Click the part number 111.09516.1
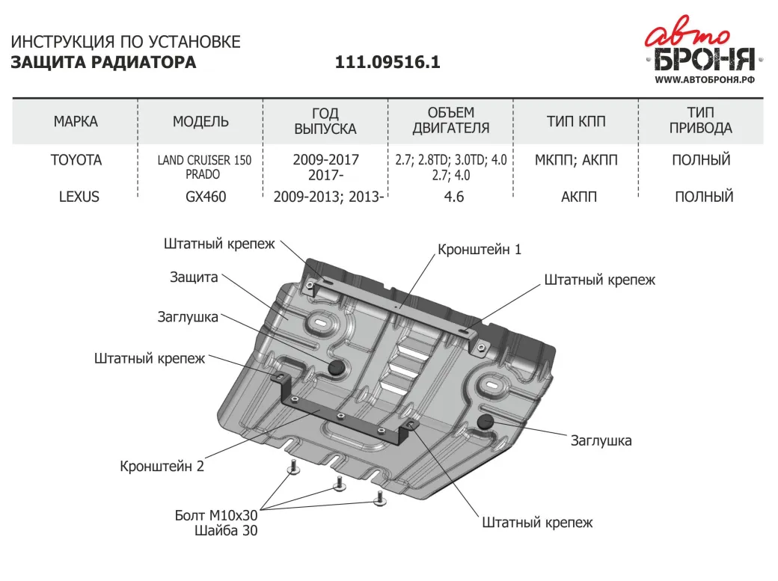[388, 63]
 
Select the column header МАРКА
[76, 121]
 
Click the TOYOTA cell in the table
[76, 160]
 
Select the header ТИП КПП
[576, 121]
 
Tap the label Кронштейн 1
[479, 250]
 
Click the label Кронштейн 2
[162, 466]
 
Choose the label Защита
[194, 277]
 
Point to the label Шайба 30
[225, 531]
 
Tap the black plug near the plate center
[335, 366]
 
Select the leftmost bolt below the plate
[293, 469]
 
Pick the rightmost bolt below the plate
[381, 499]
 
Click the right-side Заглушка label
[601, 440]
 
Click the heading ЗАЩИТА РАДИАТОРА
[103, 63]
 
